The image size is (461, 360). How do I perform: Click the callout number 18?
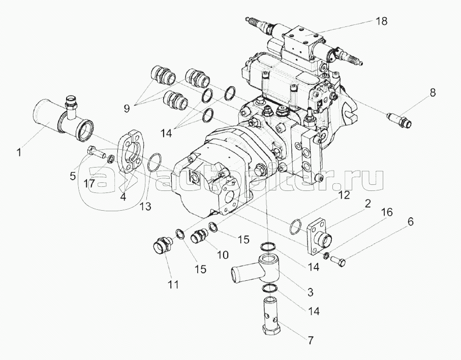click(382, 21)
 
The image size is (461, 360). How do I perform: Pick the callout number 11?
click(173, 285)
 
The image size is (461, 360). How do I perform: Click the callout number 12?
click(344, 194)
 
